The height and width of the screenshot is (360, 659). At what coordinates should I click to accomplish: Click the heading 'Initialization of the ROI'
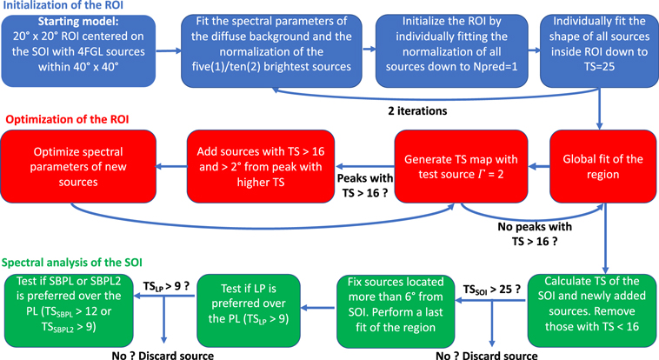77,9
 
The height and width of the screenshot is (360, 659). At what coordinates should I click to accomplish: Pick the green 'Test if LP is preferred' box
252,303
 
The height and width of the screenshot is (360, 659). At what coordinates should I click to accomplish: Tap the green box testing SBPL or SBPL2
81,303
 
